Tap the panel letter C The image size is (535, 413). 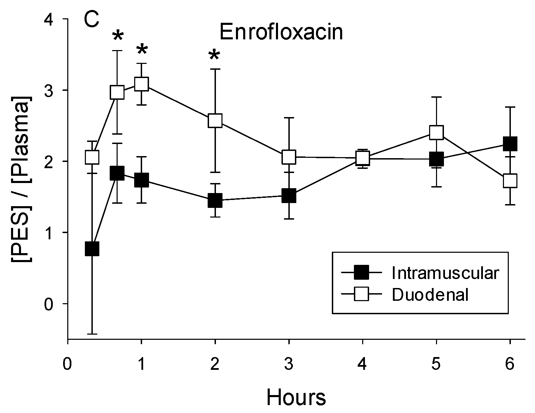(x=91, y=21)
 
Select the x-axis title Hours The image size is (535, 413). (x=296, y=397)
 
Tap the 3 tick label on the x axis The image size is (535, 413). (x=289, y=364)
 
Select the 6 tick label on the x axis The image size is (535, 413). (x=510, y=364)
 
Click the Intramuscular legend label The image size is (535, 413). (x=445, y=273)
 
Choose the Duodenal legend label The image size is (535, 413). (x=430, y=295)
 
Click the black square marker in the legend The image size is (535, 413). (x=361, y=273)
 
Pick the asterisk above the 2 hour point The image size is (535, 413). (x=215, y=55)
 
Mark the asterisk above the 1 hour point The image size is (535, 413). (x=141, y=50)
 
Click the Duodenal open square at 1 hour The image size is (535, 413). (x=141, y=84)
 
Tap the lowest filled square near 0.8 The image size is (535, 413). (x=92, y=248)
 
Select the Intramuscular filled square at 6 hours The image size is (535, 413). (x=510, y=144)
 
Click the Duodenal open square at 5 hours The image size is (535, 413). (x=436, y=132)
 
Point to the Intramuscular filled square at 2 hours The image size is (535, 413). (x=215, y=200)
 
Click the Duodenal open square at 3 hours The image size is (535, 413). (x=289, y=157)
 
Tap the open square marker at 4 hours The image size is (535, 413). (x=363, y=158)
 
